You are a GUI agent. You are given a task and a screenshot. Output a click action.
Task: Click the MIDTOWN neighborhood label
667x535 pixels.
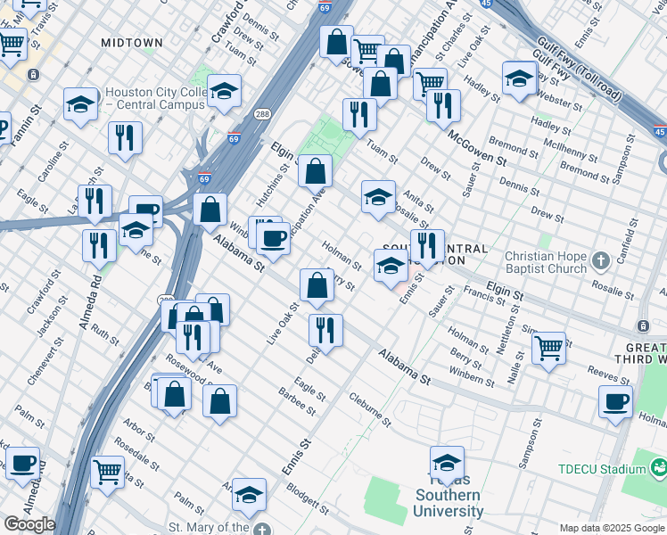click(x=132, y=42)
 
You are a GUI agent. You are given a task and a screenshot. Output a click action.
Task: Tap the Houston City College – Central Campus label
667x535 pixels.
click(x=154, y=98)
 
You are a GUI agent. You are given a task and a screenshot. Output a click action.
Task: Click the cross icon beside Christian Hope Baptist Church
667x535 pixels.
click(x=601, y=260)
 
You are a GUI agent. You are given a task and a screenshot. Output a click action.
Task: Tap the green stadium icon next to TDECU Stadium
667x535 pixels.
click(x=658, y=466)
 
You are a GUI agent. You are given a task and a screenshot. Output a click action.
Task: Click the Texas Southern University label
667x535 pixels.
click(x=448, y=503)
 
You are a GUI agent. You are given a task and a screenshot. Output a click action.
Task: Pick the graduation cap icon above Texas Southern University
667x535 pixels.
click(x=447, y=464)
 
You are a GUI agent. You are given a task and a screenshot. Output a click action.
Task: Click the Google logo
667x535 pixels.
click(x=29, y=524)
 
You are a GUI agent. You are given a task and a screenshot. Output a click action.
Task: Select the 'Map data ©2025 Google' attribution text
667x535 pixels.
click(x=612, y=528)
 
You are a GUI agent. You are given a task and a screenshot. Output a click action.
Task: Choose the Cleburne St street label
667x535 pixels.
click(x=370, y=408)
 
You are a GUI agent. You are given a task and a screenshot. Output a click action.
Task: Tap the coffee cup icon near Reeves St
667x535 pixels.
click(x=615, y=402)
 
